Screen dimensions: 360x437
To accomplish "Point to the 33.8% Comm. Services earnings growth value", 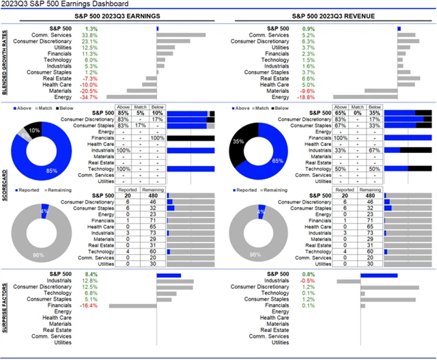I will [89, 35].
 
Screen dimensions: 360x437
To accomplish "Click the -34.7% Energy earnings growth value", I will [89, 97].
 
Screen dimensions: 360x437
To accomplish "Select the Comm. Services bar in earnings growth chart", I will [181, 35].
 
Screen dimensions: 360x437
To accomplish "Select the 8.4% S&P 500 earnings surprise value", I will [89, 275].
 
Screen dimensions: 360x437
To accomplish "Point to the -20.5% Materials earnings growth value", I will [89, 91].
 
